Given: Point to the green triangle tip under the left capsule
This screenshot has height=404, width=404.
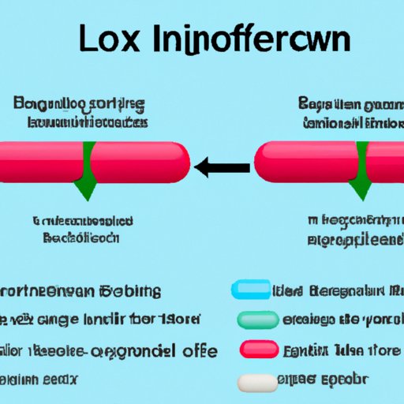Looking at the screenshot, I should (x=83, y=192).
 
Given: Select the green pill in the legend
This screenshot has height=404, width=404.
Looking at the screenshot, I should (x=256, y=320).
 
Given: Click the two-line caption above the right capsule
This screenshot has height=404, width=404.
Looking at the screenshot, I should (x=349, y=112).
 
